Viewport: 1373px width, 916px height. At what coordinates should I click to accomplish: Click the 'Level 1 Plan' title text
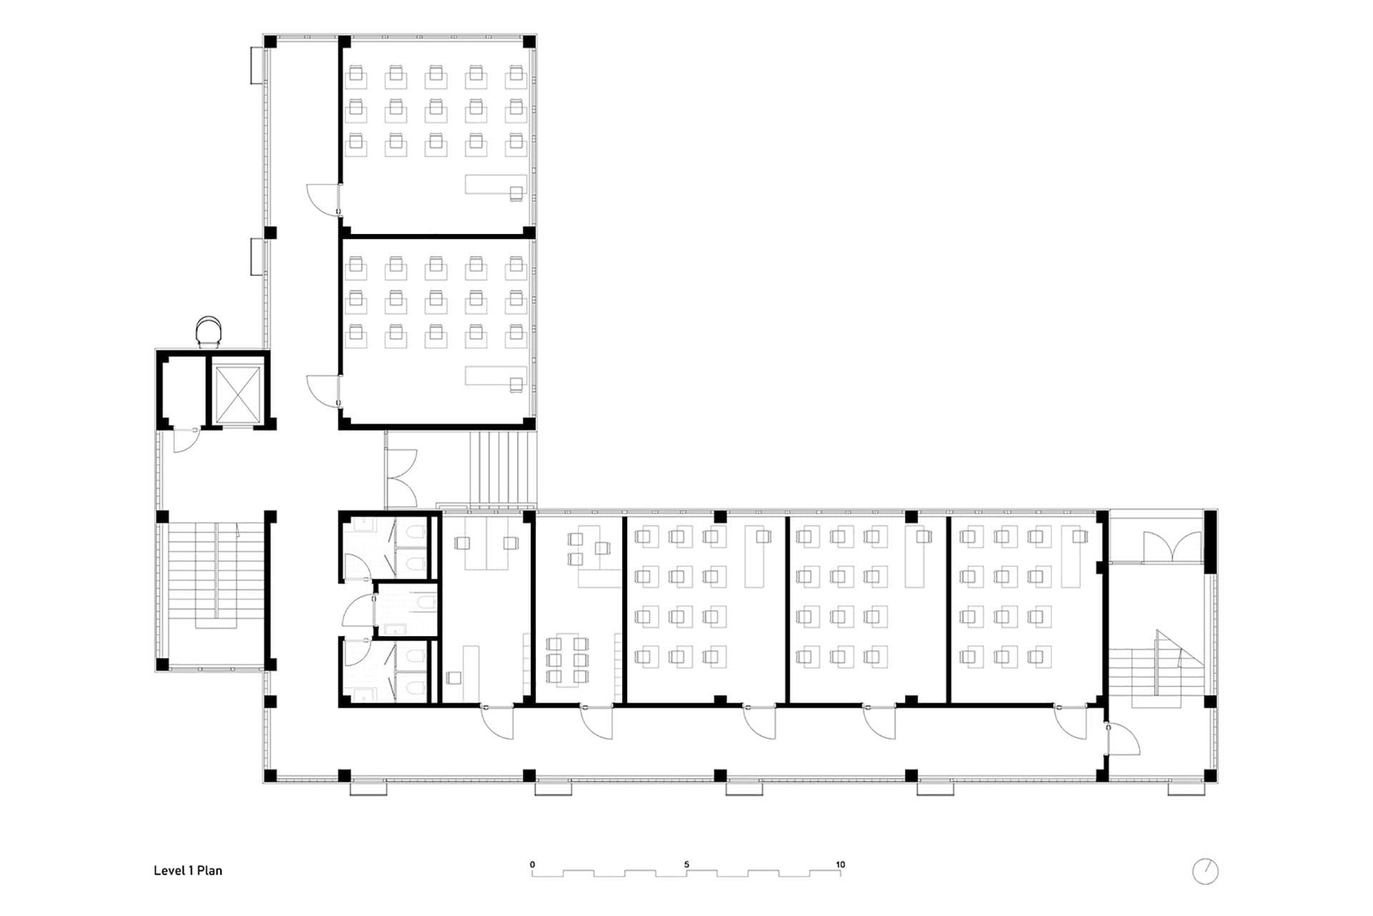tap(188, 871)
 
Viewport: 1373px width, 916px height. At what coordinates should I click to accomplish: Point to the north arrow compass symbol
tap(1205, 871)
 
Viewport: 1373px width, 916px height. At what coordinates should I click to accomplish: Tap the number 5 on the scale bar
tap(686, 864)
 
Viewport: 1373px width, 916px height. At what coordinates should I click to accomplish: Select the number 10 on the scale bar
tap(840, 864)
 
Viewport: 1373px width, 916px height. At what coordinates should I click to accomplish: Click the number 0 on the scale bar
tap(532, 864)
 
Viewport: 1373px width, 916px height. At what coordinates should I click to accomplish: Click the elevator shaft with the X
tap(238, 394)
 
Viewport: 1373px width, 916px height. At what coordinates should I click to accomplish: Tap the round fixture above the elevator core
tap(209, 331)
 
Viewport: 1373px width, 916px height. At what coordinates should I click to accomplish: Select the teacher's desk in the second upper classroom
tap(496, 376)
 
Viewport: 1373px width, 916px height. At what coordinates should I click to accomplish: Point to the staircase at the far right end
tap(1156, 670)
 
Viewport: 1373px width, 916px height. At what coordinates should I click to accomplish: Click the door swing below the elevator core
tap(185, 440)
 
